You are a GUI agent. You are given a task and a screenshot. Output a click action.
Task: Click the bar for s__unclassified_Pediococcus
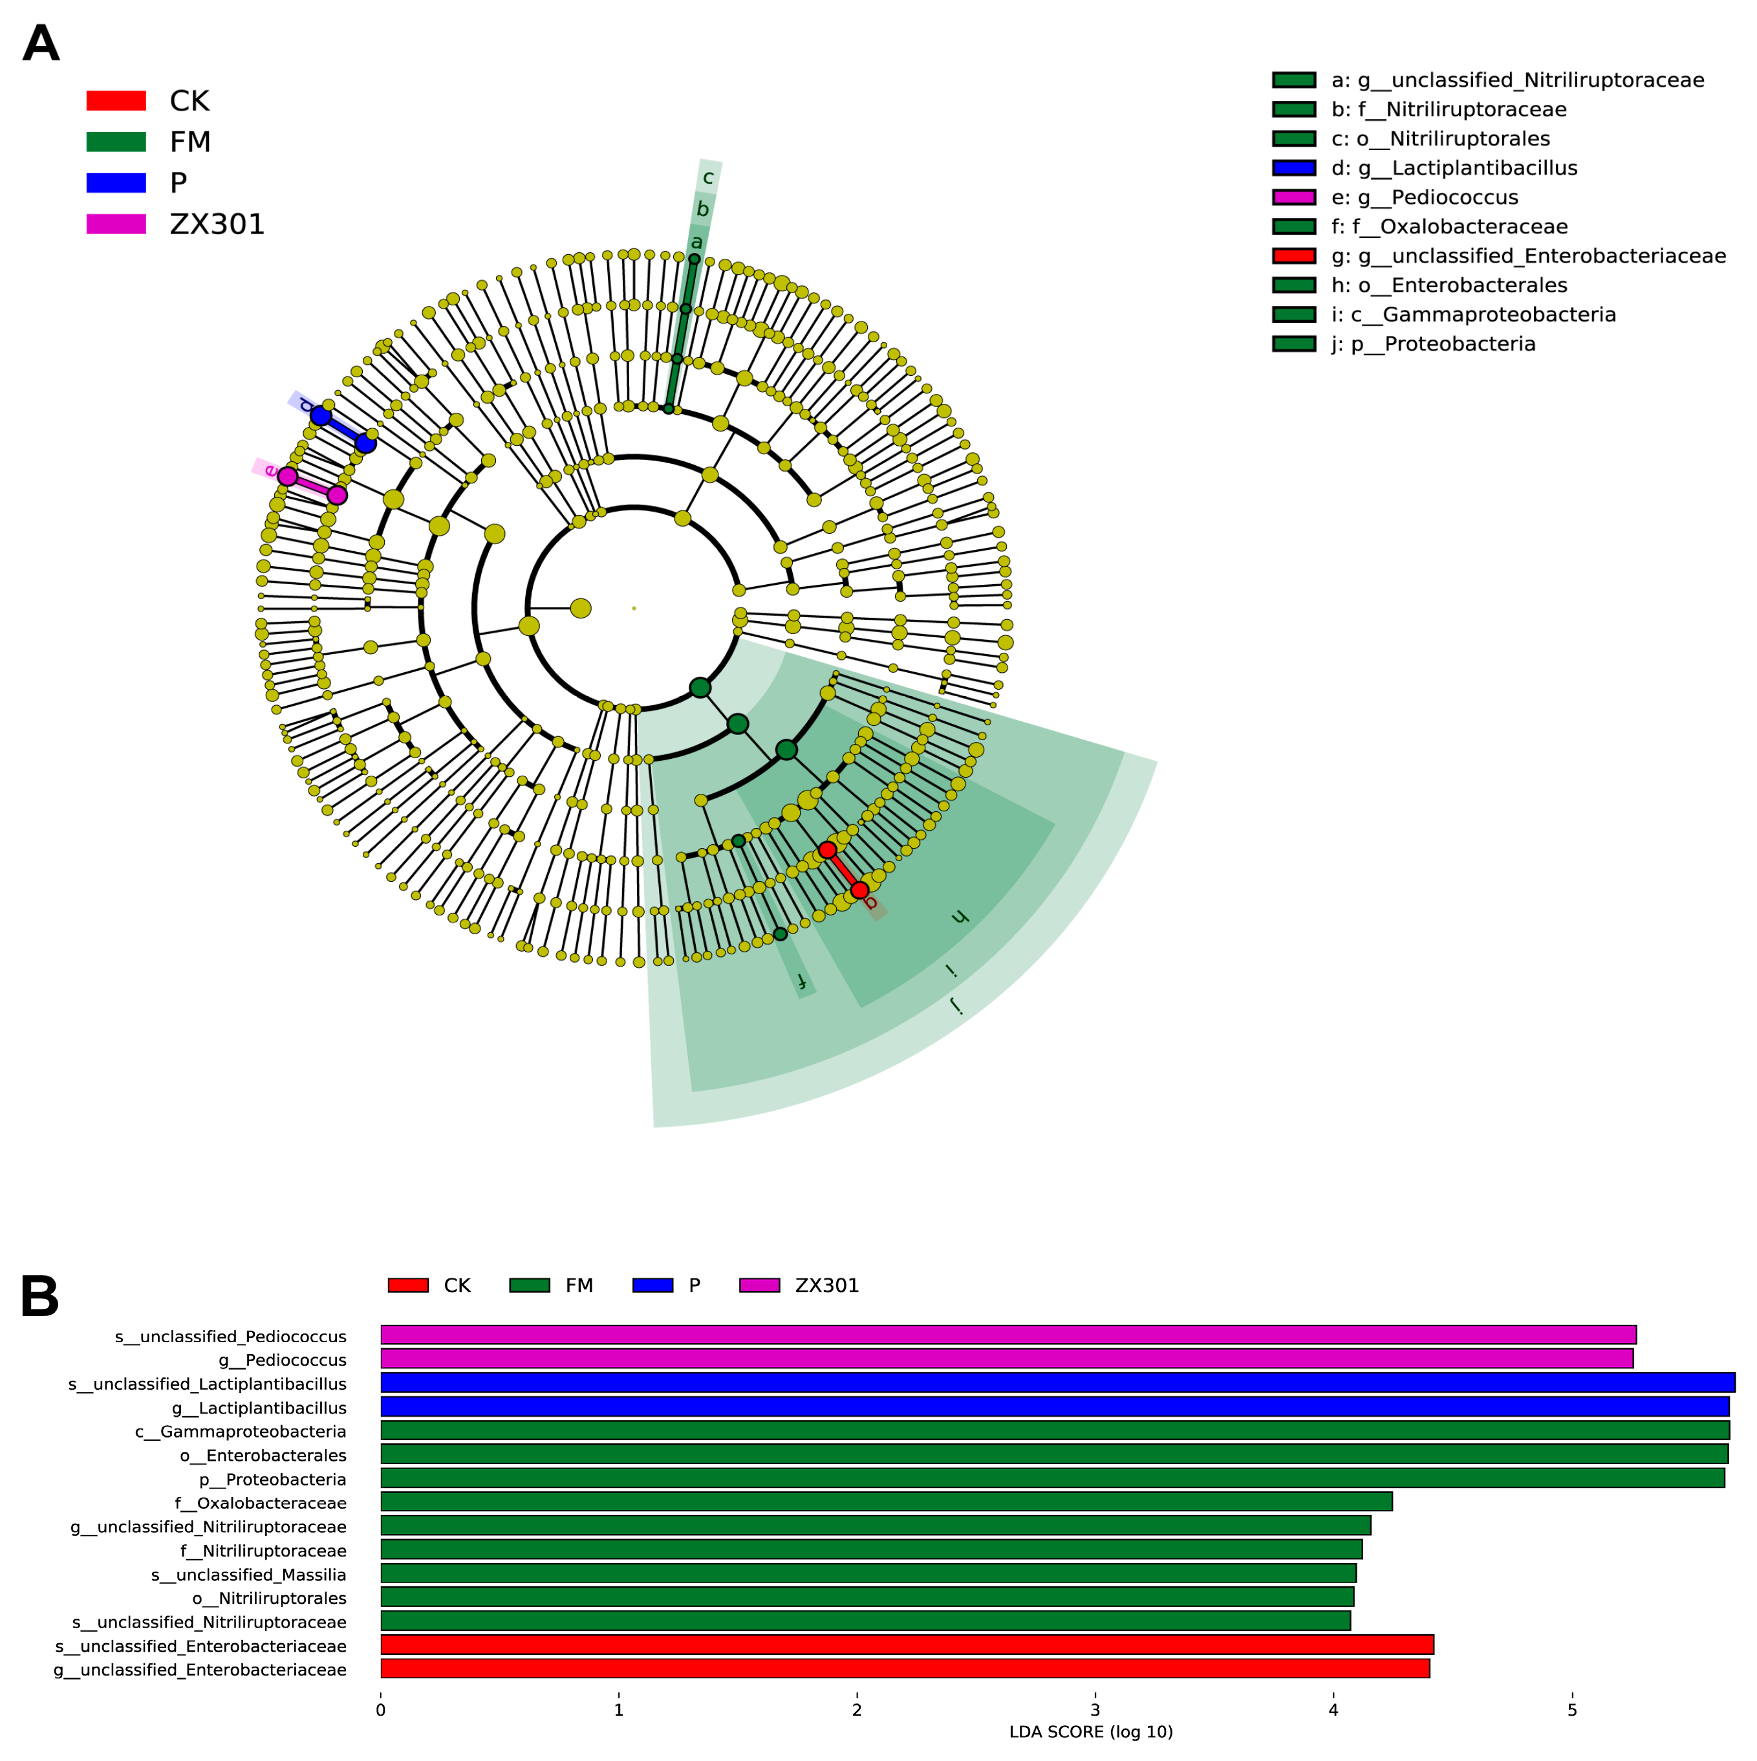(1007, 1335)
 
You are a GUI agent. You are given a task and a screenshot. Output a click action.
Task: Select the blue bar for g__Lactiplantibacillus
(1053, 1406)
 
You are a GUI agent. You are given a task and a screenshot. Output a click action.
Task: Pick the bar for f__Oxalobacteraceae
(886, 1501)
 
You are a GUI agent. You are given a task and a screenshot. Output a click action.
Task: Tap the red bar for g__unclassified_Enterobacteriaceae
(904, 1668)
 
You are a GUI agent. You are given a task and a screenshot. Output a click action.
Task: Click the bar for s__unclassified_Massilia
(868, 1573)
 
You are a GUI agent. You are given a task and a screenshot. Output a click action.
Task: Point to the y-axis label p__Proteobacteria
(272, 1478)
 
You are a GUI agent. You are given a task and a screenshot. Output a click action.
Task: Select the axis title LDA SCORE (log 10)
(1091, 1732)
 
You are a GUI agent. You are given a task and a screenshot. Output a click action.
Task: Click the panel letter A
(41, 44)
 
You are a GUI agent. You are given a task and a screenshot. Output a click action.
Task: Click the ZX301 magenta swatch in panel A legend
(116, 224)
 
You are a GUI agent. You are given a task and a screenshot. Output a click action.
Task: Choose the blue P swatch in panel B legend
(652, 1285)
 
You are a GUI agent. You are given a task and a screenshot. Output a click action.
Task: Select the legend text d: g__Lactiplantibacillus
(1454, 168)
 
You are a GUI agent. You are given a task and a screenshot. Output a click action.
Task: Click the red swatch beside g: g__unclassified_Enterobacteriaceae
(1294, 256)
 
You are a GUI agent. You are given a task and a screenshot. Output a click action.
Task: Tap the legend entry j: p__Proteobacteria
(1434, 344)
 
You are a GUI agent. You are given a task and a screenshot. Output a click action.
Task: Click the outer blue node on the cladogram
(320, 415)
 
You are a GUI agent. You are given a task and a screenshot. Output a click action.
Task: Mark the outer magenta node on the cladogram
(287, 476)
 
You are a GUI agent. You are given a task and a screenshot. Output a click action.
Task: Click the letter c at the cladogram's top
(708, 178)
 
